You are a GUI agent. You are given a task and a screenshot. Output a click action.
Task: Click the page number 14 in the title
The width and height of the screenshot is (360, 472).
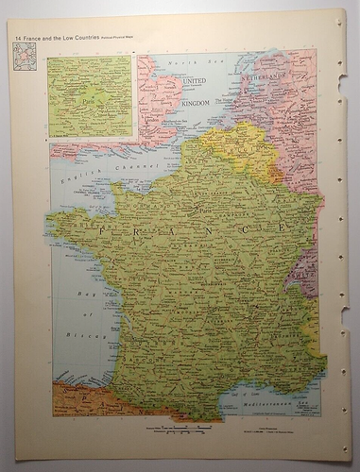[x=17, y=37]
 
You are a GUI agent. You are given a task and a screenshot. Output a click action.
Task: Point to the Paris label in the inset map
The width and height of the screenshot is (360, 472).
[x=92, y=99]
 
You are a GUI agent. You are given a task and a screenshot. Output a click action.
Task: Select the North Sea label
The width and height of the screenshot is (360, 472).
[x=180, y=62]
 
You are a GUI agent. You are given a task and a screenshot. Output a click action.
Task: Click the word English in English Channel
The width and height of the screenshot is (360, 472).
[x=75, y=177]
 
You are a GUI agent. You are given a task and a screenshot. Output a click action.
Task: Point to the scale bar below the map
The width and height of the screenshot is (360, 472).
[x=180, y=430]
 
